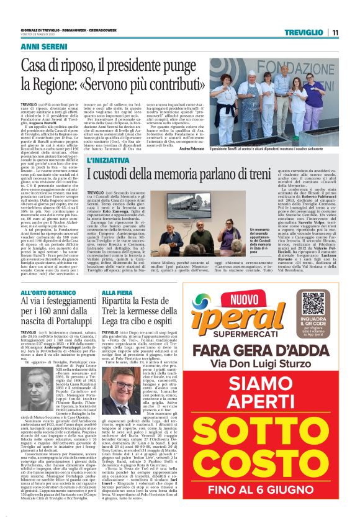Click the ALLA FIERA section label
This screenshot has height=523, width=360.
coord(118,292)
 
